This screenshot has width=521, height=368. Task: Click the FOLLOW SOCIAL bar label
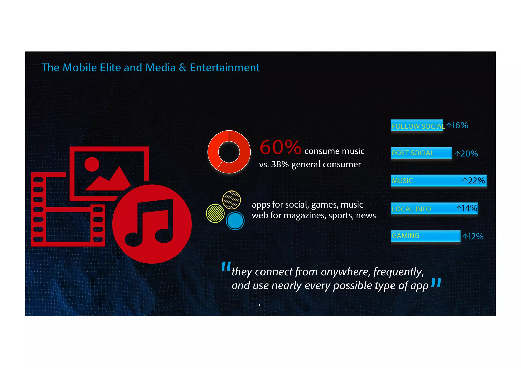click(418, 126)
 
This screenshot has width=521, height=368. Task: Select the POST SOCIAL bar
click(421, 153)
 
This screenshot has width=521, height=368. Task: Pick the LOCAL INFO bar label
click(411, 209)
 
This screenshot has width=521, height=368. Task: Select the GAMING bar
click(425, 236)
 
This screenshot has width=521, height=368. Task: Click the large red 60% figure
click(280, 147)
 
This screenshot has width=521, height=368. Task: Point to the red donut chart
click(229, 152)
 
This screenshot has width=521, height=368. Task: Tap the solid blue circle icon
click(235, 221)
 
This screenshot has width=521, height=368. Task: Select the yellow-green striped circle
click(215, 213)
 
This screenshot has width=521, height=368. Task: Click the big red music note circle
click(152, 224)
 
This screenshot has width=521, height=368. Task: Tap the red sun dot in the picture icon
click(92, 164)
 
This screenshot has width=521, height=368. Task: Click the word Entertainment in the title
click(225, 68)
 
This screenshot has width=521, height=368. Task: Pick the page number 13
click(260, 305)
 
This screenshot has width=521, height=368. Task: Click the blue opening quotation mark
click(226, 267)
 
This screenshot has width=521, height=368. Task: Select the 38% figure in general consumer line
click(280, 164)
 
